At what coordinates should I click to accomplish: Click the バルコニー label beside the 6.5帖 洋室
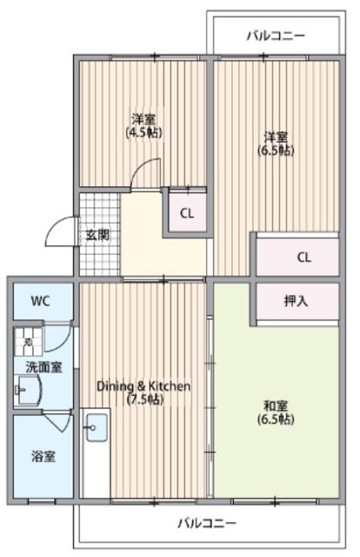point(275,37)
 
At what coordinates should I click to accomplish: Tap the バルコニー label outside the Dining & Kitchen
point(207,523)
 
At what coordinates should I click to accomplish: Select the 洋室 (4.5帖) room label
point(144,125)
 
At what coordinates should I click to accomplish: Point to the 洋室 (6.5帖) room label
point(277,143)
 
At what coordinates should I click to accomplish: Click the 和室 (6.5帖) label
point(277,412)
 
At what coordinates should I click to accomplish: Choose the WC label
point(40,301)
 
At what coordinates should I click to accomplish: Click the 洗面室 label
point(43,367)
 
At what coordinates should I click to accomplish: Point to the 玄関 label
point(97,234)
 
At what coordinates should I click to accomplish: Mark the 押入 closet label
point(296,301)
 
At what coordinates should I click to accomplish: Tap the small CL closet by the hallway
point(186,213)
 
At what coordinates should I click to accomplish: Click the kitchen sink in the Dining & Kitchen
point(96,428)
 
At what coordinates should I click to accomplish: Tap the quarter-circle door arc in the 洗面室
point(58,337)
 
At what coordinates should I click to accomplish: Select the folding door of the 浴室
point(60,421)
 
